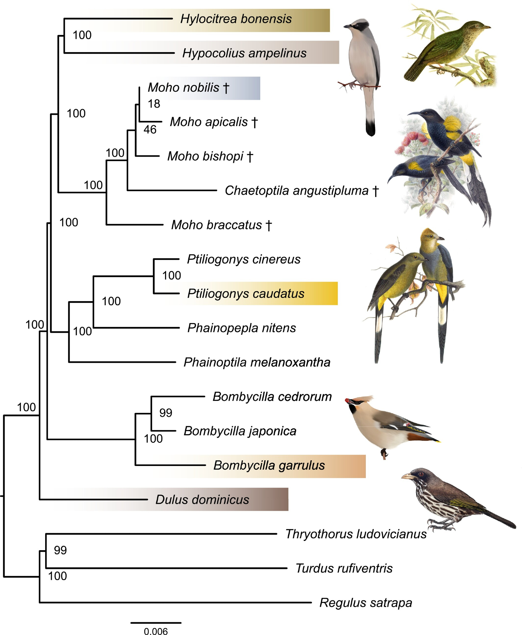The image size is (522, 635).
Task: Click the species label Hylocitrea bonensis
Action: pyautogui.click(x=236, y=19)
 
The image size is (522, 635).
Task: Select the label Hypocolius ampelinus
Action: pyautogui.click(x=244, y=53)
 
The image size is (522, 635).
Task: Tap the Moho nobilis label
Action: pyautogui.click(x=184, y=88)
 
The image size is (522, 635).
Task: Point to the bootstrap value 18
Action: pyautogui.click(x=154, y=104)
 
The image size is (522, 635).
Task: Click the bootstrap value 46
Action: pyautogui.click(x=150, y=130)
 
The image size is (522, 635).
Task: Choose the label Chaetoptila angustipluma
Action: pyautogui.click(x=296, y=191)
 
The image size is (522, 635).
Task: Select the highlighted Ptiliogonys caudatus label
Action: pyautogui.click(x=246, y=294)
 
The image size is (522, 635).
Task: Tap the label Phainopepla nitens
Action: pyautogui.click(x=241, y=328)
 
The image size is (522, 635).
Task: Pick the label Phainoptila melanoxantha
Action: pyautogui.click(x=257, y=362)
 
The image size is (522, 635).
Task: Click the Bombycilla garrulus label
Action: pyautogui.click(x=269, y=465)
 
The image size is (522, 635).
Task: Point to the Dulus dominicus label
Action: pyautogui.click(x=202, y=500)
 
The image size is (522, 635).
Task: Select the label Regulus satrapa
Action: pyautogui.click(x=365, y=603)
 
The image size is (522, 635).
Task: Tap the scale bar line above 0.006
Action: pyautogui.click(x=156, y=623)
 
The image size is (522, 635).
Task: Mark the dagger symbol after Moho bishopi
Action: pyautogui.click(x=250, y=157)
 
